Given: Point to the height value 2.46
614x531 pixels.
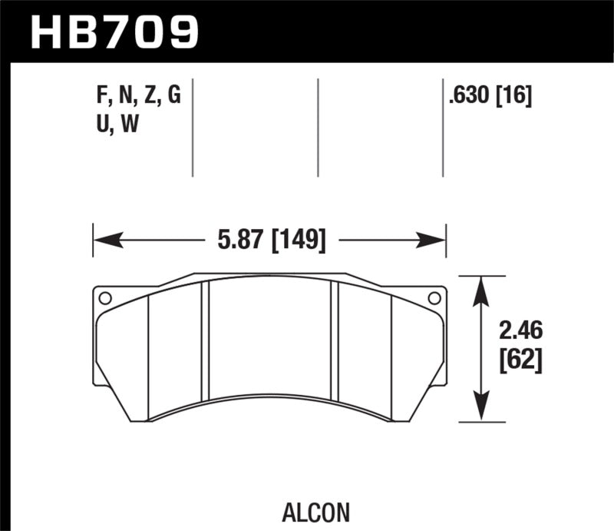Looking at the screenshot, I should pyautogui.click(x=521, y=331).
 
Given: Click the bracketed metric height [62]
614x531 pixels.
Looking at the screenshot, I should pyautogui.click(x=521, y=360).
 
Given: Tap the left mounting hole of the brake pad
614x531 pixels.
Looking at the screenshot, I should pyautogui.click(x=105, y=298).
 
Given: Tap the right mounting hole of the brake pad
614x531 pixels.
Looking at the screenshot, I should pyautogui.click(x=434, y=298).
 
